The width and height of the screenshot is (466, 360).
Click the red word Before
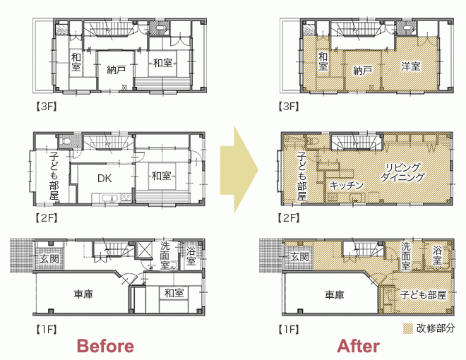click(x=105, y=346)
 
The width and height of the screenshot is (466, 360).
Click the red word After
click(x=358, y=346)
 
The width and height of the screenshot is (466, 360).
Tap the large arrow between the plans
click(x=239, y=169)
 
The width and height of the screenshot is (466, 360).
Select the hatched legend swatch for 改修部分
click(x=408, y=328)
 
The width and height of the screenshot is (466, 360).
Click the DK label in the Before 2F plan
click(x=104, y=178)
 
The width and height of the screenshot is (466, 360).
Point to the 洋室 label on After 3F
click(x=411, y=66)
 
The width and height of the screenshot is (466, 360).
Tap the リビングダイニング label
click(x=402, y=172)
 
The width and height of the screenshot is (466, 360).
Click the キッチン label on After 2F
click(x=347, y=186)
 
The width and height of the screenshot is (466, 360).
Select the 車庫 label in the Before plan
click(x=83, y=294)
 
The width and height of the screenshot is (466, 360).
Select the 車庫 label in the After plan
click(x=335, y=294)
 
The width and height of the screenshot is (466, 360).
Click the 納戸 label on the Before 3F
click(x=116, y=70)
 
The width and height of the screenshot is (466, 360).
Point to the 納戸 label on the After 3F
click(x=363, y=71)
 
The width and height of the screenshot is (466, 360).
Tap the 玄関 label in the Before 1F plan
click(x=49, y=259)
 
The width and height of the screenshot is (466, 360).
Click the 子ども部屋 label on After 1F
click(x=423, y=295)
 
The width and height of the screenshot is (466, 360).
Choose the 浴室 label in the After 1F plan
click(x=437, y=255)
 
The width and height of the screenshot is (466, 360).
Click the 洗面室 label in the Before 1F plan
click(x=165, y=255)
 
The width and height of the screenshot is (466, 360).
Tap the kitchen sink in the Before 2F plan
click(x=106, y=198)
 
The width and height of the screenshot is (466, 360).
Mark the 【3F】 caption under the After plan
click(x=289, y=107)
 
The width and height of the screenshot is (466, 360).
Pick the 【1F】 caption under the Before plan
click(x=47, y=329)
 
